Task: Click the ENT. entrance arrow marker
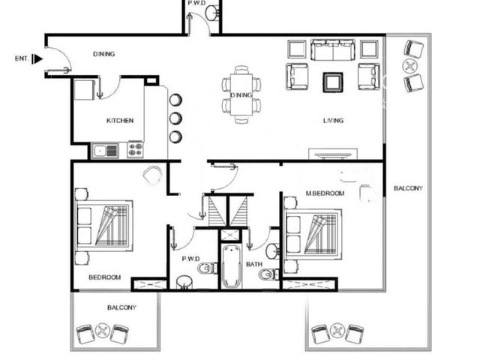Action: tap(37, 58)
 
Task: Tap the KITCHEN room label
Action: tap(120, 121)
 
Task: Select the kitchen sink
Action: tap(105, 151)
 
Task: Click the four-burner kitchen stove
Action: tap(135, 150)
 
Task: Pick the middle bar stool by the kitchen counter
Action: tap(175, 118)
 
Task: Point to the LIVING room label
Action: tap(333, 121)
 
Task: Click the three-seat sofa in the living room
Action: tap(333, 49)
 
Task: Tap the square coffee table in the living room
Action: tap(333, 82)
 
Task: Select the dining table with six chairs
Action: tap(241, 94)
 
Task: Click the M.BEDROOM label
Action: tap(325, 193)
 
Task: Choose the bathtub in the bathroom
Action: tap(231, 266)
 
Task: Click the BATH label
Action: tap(254, 264)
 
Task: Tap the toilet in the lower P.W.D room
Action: tap(207, 268)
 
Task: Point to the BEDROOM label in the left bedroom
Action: tap(105, 277)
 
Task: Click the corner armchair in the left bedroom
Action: tap(152, 175)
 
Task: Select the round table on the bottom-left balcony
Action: tap(102, 330)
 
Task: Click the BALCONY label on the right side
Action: tap(408, 188)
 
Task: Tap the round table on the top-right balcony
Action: tap(409, 67)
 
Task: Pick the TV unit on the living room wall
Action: tap(333, 154)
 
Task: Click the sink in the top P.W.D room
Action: tap(211, 13)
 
